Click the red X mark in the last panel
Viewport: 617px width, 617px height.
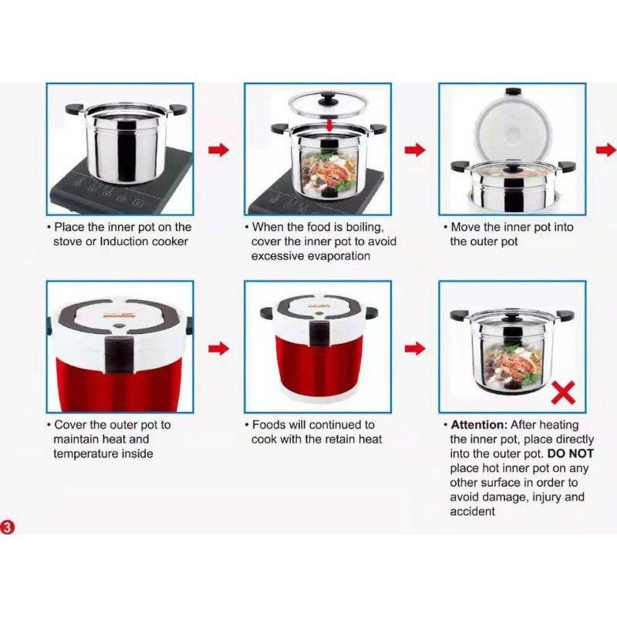point(565,393)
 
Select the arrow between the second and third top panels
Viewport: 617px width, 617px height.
point(415,150)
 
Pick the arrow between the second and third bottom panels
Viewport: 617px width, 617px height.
point(415,349)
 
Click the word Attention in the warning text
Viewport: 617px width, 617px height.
point(476,425)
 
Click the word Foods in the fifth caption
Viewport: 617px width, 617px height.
point(268,425)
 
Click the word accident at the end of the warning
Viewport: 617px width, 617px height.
point(472,511)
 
